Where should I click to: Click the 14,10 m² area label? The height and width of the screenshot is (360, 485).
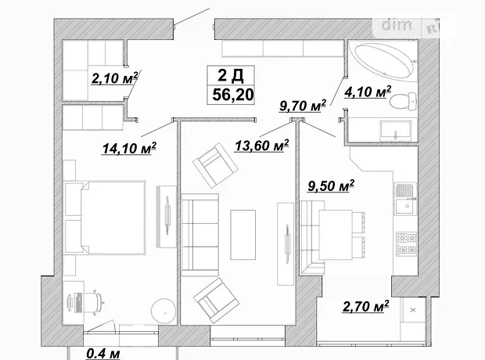pos(129,148)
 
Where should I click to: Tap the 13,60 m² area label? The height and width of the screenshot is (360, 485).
pos(262,145)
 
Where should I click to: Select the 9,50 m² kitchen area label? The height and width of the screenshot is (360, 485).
pos(331,186)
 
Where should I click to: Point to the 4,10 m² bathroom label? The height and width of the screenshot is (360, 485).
pos(368,92)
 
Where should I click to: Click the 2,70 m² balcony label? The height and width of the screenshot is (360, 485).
pos(365,306)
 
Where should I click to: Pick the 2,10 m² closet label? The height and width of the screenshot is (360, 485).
pos(114,77)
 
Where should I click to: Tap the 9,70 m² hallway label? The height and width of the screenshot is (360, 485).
pos(303,106)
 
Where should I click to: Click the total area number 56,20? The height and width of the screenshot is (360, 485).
pos(233,95)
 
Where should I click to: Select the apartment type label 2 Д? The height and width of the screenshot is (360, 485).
pos(231,75)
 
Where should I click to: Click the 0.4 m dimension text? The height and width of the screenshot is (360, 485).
pos(103,353)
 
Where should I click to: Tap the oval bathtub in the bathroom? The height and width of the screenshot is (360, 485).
pos(383,62)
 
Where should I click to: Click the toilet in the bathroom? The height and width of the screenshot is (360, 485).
pos(404,101)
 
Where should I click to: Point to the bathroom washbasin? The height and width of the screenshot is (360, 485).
pos(396,130)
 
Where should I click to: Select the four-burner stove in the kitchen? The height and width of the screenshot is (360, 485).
pos(407,244)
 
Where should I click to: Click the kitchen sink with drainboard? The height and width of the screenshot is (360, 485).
pos(406,199)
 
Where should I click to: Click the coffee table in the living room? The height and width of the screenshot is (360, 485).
pos(243,235)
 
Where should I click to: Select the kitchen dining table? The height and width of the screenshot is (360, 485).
pos(336,235)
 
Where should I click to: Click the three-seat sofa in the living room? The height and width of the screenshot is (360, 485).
pos(199,235)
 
